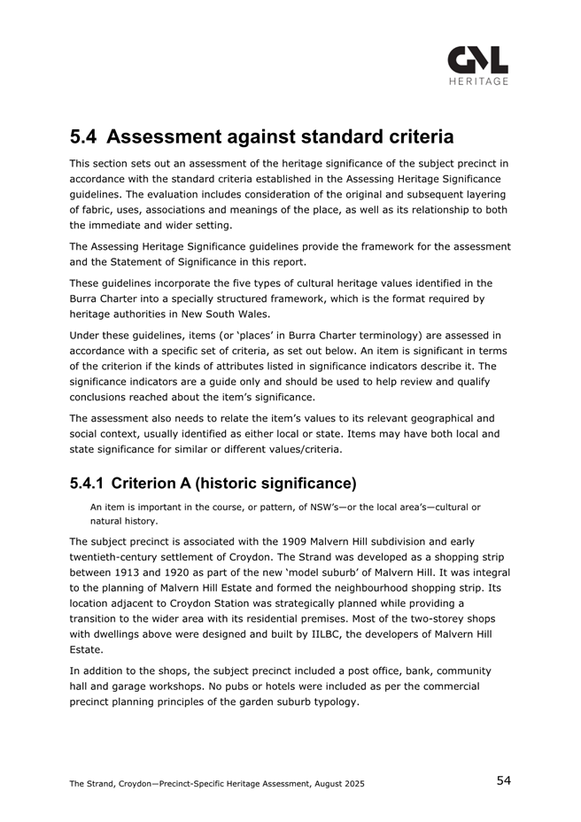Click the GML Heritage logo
[477, 64]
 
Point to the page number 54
[503, 780]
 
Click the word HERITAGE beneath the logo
[477, 81]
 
